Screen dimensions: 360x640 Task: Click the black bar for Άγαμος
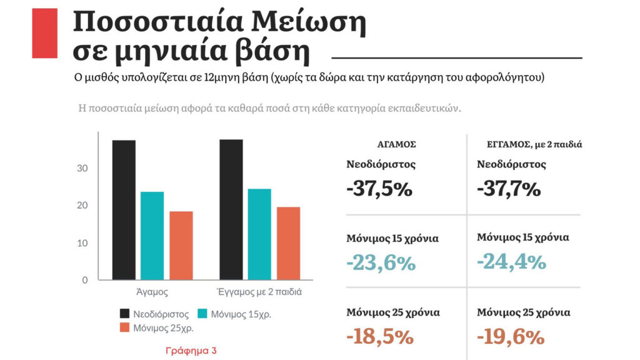[x=124, y=210]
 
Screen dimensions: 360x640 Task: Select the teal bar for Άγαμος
[x=152, y=236]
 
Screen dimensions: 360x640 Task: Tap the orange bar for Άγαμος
[x=181, y=246]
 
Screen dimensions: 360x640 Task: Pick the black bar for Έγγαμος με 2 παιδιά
[x=231, y=209]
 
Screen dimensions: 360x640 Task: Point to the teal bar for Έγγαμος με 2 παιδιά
[x=259, y=234]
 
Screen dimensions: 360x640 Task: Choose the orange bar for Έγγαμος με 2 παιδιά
[x=288, y=243]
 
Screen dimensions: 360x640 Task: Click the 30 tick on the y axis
[x=82, y=169]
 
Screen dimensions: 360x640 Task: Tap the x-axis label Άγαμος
[x=152, y=292]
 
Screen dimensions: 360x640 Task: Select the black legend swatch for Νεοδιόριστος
[x=124, y=313]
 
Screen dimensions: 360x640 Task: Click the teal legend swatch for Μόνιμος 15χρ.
[x=202, y=313]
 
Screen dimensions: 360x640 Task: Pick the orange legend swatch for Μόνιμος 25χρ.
[x=124, y=327]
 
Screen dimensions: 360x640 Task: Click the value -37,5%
[x=379, y=189]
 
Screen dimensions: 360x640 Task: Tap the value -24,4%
[x=511, y=262]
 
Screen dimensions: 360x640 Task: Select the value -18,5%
[x=380, y=337]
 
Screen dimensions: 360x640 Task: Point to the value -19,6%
[x=511, y=337]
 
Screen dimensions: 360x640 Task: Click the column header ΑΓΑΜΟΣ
[x=397, y=144]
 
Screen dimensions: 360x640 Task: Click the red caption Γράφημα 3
[x=191, y=351]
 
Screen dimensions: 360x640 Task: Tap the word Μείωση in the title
[x=309, y=22]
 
